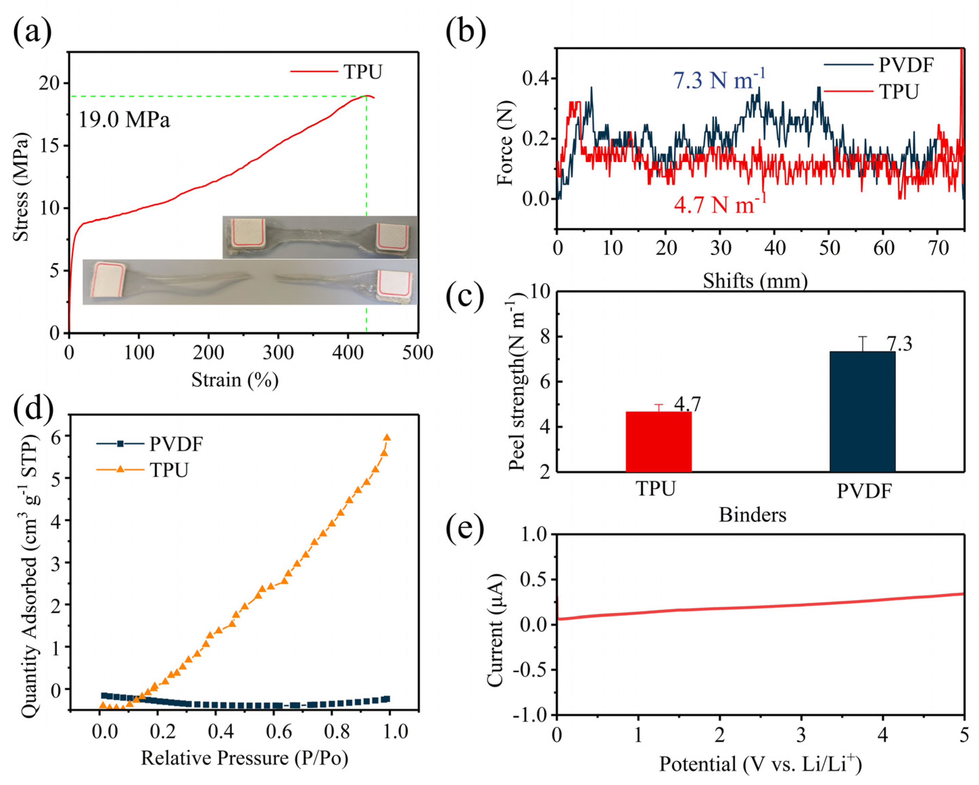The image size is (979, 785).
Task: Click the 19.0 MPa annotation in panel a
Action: [x=124, y=120]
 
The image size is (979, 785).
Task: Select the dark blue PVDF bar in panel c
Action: [x=862, y=411]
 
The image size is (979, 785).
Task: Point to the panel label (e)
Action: [x=465, y=529]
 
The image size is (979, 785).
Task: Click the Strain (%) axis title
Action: [x=235, y=380]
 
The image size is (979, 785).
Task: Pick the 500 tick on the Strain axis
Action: [x=417, y=353]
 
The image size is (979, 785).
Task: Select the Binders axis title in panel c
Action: [x=752, y=515]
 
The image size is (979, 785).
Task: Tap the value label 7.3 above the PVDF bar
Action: [x=899, y=344]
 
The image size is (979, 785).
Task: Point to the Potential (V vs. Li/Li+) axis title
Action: [x=760, y=764]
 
